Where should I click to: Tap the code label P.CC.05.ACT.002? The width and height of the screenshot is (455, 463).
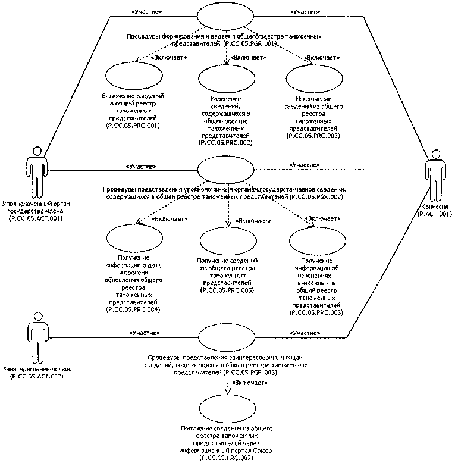[37, 377]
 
